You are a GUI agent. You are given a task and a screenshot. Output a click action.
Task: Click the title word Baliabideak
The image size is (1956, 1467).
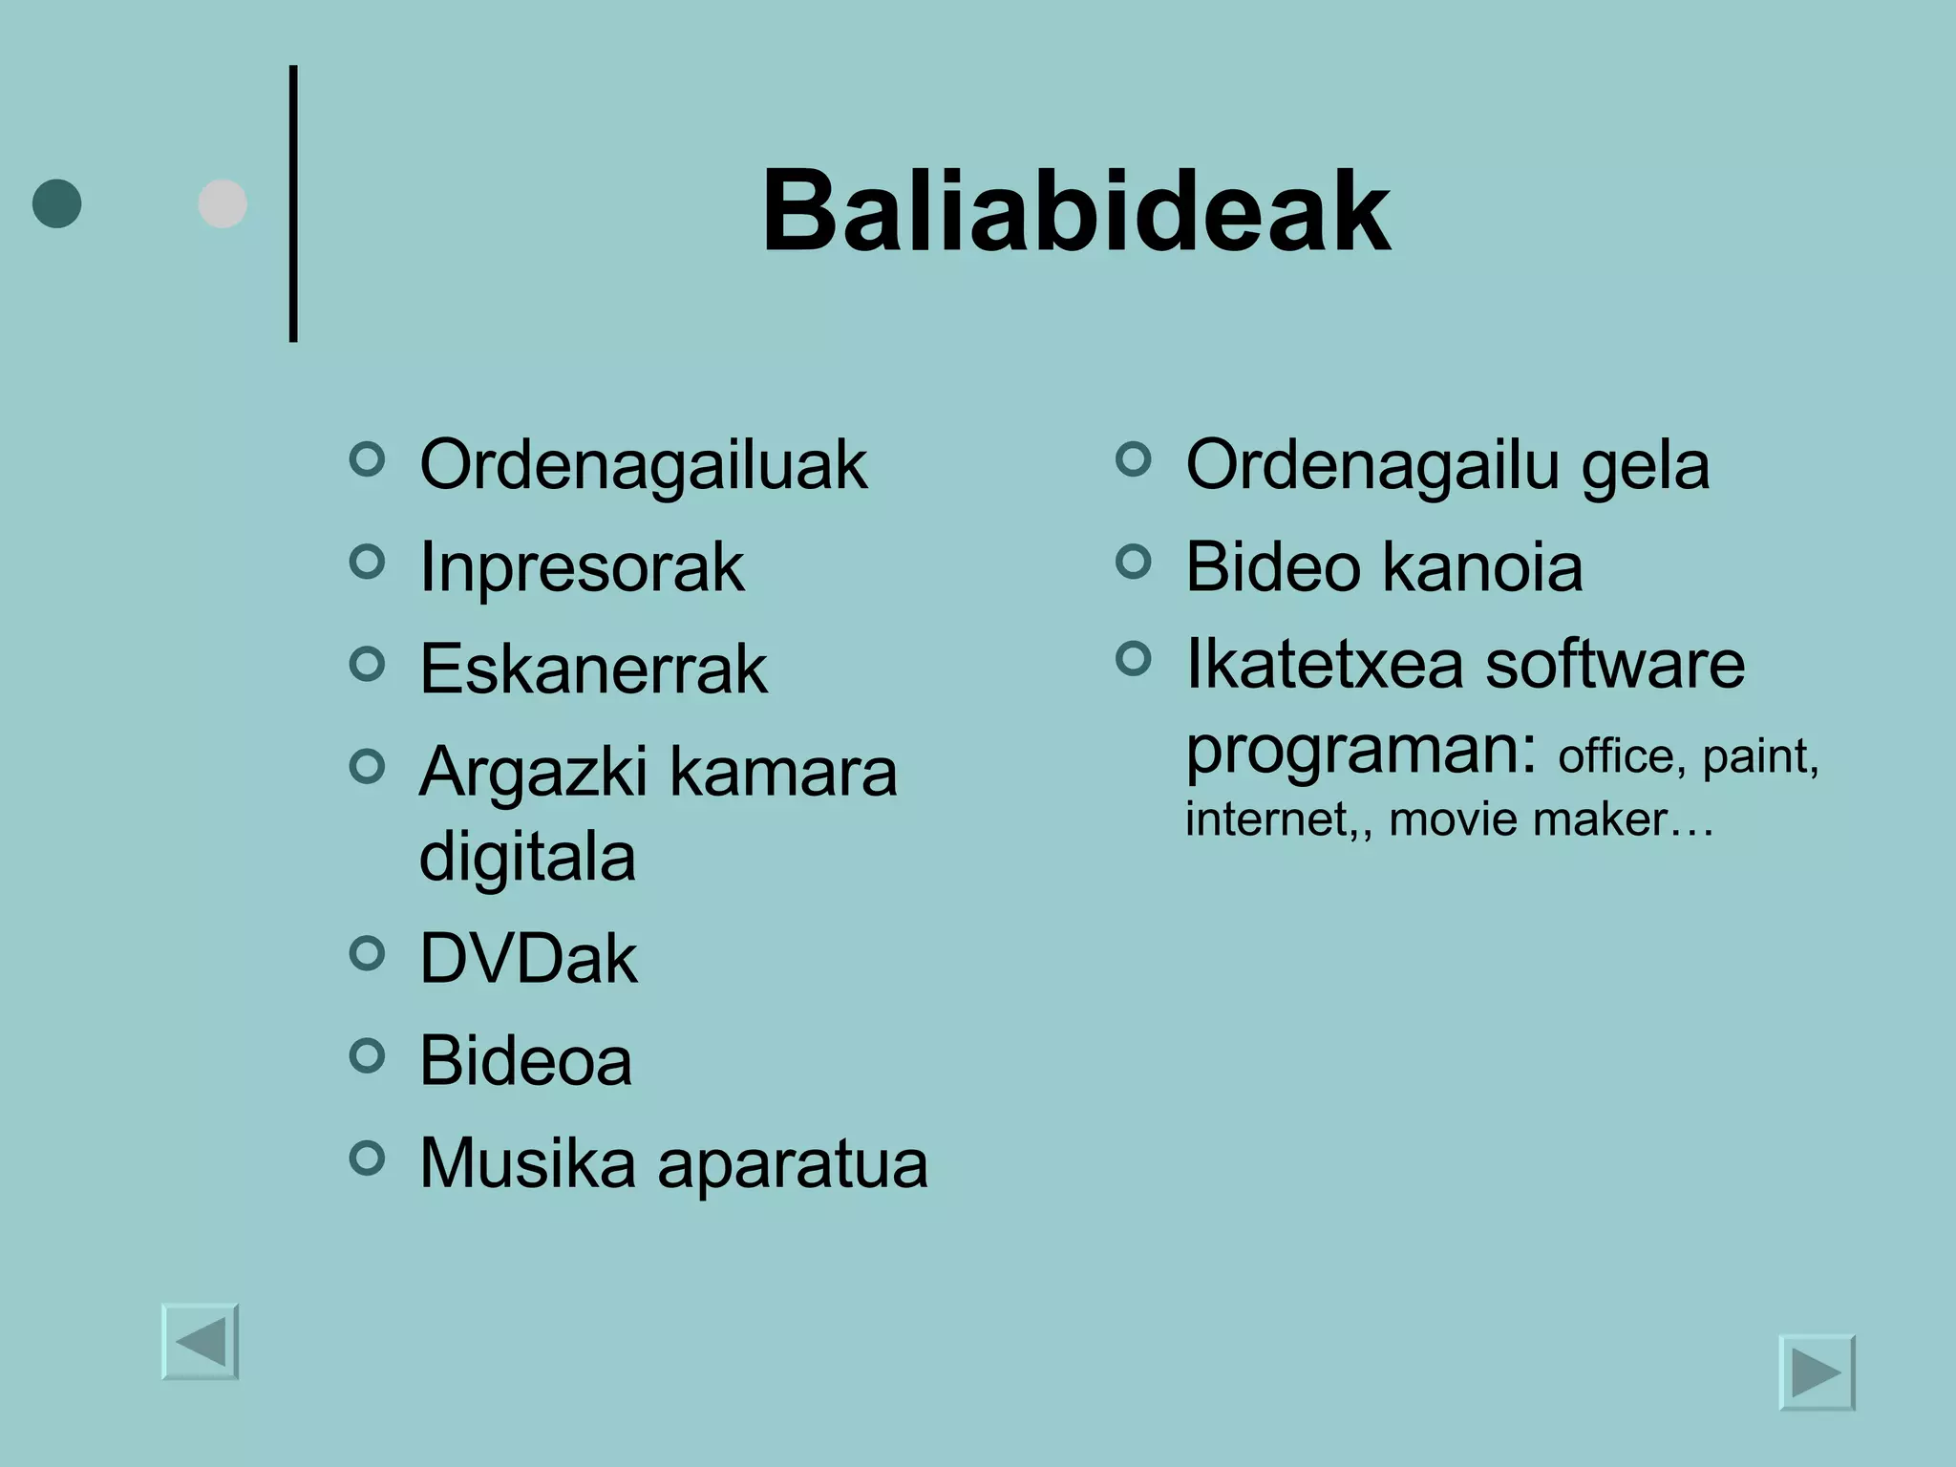[1075, 211]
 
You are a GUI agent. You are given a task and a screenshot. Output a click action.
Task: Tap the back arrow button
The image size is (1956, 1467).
[201, 1341]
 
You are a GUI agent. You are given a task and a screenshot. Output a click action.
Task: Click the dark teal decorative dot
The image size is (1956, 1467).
[57, 203]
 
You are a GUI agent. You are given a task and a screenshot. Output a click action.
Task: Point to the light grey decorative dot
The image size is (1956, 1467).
[223, 203]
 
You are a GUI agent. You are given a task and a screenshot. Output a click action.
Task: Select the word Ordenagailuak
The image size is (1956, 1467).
[643, 465]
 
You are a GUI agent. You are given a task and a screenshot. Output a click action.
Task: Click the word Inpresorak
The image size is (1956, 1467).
[581, 567]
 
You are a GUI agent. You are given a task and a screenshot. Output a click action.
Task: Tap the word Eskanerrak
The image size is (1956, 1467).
[593, 669]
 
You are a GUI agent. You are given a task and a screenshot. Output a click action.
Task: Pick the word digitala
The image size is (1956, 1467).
[527, 856]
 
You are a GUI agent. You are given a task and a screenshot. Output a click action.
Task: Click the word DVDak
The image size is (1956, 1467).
[528, 959]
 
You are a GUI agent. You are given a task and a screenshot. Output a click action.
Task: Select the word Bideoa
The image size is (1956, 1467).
[525, 1060]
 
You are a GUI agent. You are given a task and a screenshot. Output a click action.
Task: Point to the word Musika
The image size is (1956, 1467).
[527, 1163]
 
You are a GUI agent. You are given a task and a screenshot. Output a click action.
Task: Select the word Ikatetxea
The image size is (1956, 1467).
[1324, 664]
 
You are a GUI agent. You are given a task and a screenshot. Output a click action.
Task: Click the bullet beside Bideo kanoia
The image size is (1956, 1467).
[1133, 562]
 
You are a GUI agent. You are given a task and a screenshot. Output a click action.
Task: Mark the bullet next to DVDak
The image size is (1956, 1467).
[367, 952]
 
